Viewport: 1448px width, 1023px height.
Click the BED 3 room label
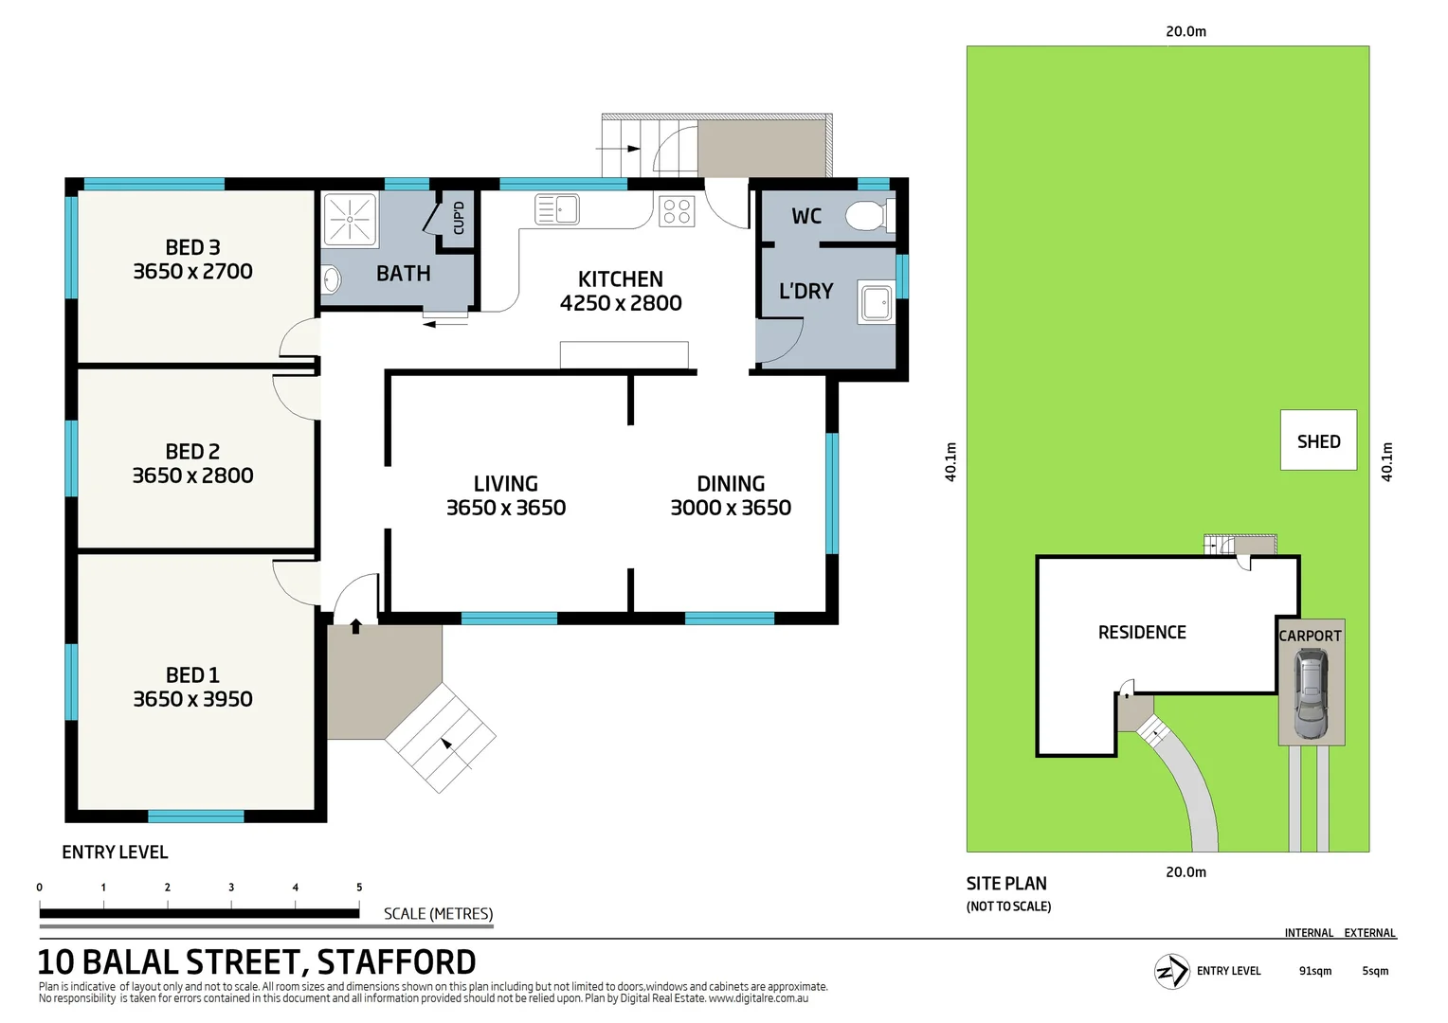click(192, 247)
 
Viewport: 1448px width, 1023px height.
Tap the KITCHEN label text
click(621, 278)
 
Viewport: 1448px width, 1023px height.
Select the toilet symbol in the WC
click(868, 215)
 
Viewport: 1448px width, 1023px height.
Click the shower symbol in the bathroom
click(350, 219)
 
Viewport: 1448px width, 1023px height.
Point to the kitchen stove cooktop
click(677, 210)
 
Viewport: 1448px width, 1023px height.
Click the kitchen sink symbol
click(557, 208)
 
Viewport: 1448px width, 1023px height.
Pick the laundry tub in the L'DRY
click(875, 302)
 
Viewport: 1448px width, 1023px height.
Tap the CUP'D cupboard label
click(459, 218)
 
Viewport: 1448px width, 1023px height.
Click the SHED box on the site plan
click(1318, 440)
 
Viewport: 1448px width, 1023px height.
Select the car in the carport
click(1312, 693)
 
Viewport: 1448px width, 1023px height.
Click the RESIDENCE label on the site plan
click(1142, 632)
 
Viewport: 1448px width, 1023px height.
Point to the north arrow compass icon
click(1171, 971)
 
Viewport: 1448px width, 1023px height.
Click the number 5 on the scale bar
click(359, 888)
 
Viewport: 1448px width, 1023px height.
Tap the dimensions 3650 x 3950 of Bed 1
click(192, 699)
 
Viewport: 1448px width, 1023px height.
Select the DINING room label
click(731, 483)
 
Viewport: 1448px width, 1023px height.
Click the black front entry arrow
click(356, 626)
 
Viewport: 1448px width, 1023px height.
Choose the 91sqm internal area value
click(1314, 971)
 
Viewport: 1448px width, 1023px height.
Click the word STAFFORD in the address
click(396, 962)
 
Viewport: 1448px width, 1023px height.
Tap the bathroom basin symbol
click(331, 279)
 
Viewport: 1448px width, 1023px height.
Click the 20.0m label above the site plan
click(1186, 31)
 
